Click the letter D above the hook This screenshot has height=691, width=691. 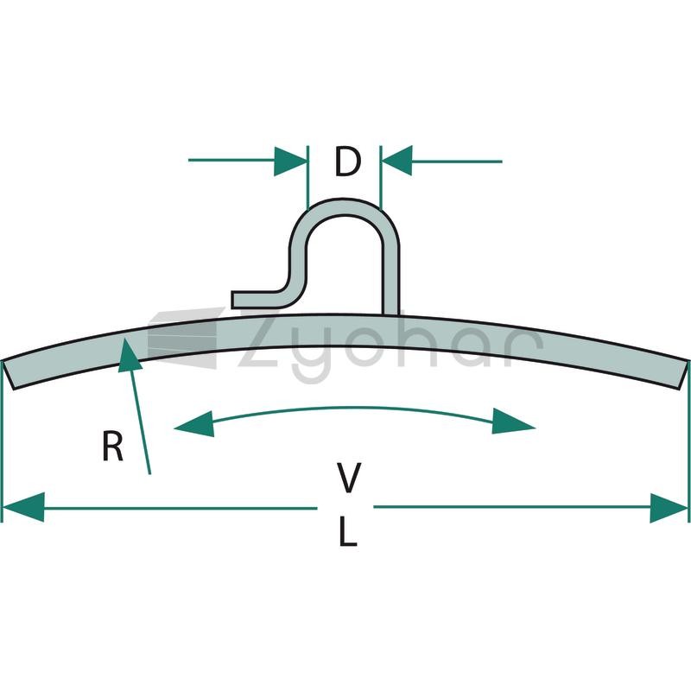pyautogui.click(x=348, y=162)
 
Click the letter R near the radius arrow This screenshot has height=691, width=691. pyautogui.click(x=112, y=447)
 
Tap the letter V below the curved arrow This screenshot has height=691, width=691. pyautogui.click(x=349, y=478)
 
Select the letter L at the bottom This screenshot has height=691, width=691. pyautogui.click(x=348, y=531)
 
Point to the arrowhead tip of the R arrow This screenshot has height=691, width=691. pyautogui.click(x=125, y=339)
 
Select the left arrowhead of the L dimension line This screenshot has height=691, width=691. pyautogui.click(x=23, y=507)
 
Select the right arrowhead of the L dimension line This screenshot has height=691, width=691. pyautogui.click(x=669, y=508)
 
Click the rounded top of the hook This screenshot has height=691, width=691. pyautogui.click(x=344, y=207)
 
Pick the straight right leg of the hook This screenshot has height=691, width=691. pyautogui.click(x=390, y=282)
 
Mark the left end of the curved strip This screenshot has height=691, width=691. pyautogui.click(x=8, y=375)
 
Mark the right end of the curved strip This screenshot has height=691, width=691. pyautogui.click(x=683, y=375)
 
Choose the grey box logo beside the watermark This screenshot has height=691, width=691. pyautogui.click(x=183, y=338)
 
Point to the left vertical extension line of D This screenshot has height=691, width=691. pyautogui.click(x=307, y=177)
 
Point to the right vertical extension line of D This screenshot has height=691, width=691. pyautogui.click(x=381, y=177)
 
